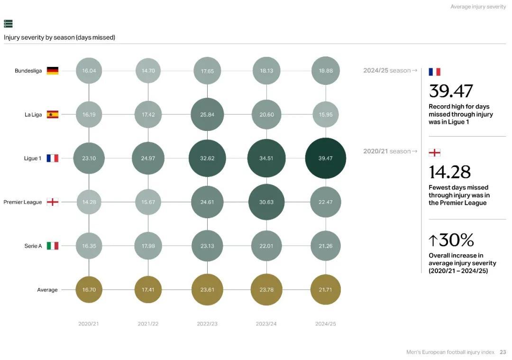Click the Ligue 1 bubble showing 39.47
click(x=325, y=158)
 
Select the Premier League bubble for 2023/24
click(x=266, y=202)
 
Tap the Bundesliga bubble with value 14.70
click(x=148, y=71)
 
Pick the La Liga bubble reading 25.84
click(x=207, y=114)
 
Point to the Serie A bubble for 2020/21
click(x=89, y=246)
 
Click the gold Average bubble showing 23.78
click(x=266, y=289)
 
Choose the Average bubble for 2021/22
click(x=148, y=289)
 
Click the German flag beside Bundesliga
click(x=53, y=71)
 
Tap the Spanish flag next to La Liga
click(x=53, y=114)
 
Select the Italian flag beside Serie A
click(x=53, y=246)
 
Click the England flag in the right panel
click(x=434, y=153)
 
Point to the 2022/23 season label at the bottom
click(x=207, y=324)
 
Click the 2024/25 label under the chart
click(x=325, y=324)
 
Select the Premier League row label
click(x=23, y=202)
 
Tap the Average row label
click(x=47, y=290)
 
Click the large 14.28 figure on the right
click(x=449, y=172)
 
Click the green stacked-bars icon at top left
click(x=8, y=24)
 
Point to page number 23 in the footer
click(x=503, y=352)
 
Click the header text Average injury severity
click(x=478, y=7)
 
